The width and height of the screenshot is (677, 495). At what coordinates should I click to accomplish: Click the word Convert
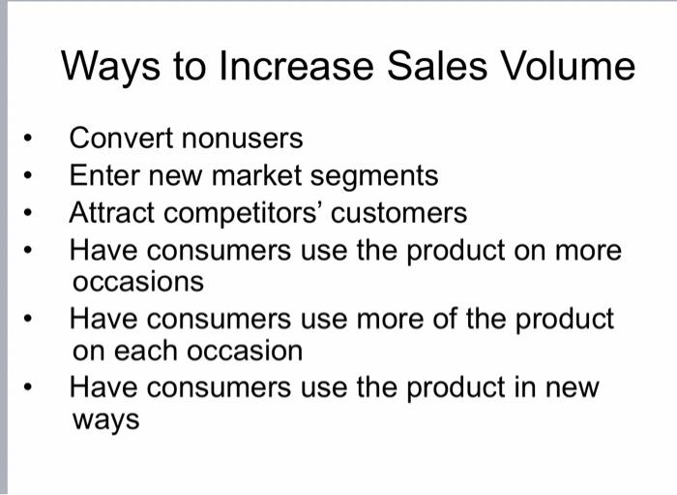[x=116, y=139]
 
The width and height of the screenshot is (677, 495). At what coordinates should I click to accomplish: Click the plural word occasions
[x=138, y=282]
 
